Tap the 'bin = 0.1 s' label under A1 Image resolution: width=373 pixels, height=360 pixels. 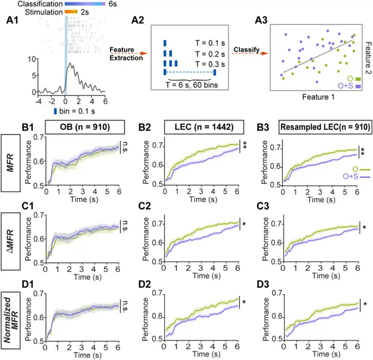point(78,110)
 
